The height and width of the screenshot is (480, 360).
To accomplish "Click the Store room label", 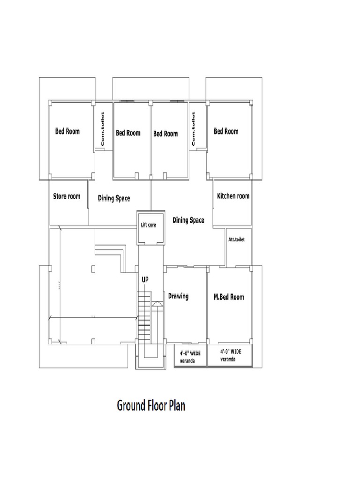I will tap(67, 196).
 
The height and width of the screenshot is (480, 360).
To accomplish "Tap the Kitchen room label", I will tap(233, 196).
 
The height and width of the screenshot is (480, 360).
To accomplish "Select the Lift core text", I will tap(149, 225).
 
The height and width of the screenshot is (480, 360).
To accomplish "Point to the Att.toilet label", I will tap(236, 240).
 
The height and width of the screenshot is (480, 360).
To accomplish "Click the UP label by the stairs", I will tap(145, 279).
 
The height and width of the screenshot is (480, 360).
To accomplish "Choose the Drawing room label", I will tap(178, 296).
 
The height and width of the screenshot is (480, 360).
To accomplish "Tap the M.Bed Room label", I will tap(229, 297).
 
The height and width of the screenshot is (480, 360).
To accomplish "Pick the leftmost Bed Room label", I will tap(67, 131).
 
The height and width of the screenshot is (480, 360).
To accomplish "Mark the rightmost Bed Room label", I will tap(226, 131).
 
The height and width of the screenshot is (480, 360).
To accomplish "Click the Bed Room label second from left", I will tap(128, 133).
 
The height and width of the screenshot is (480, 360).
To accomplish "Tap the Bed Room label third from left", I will tap(165, 134).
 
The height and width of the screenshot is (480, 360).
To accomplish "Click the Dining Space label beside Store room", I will tap(114, 199).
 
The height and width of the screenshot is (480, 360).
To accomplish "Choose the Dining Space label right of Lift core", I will tap(188, 220).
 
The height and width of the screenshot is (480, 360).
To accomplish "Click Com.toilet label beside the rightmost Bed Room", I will tap(193, 127).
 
